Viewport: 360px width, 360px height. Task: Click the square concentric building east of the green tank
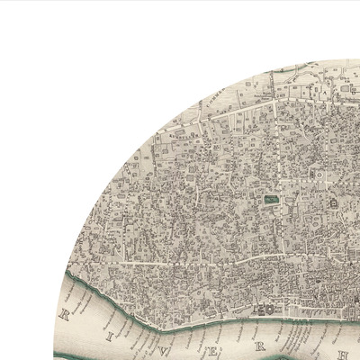pyautogui.click(x=332, y=204)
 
